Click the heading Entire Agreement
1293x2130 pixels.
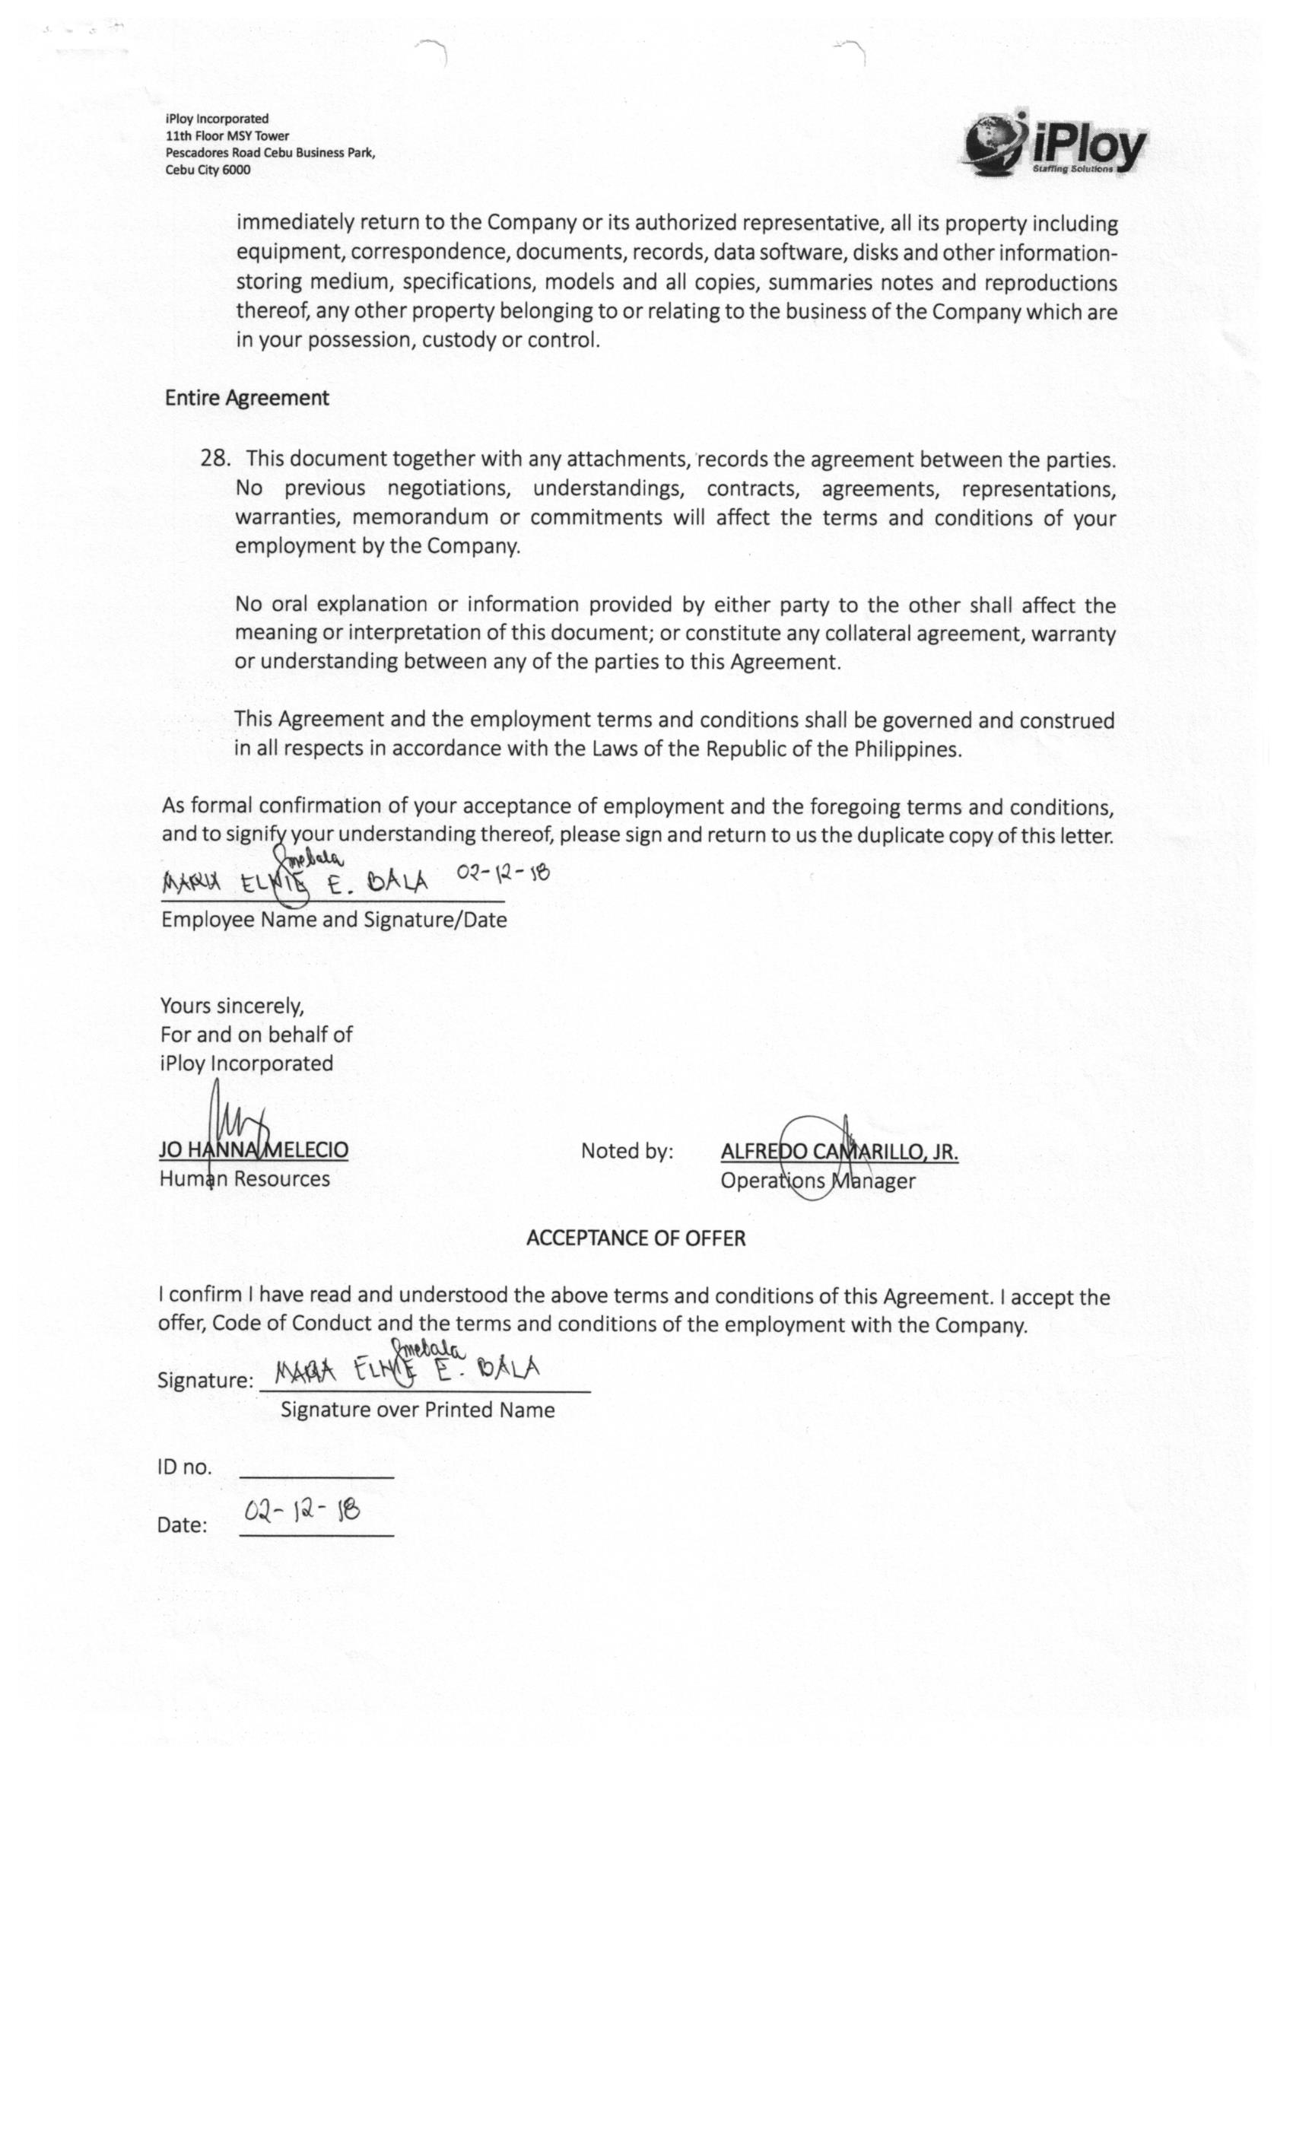[x=246, y=398]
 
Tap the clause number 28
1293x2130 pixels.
[x=214, y=458]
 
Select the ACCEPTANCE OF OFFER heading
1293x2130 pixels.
[x=635, y=1238]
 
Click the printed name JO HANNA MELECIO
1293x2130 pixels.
[x=253, y=1149]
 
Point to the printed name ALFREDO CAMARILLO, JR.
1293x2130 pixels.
[x=838, y=1152]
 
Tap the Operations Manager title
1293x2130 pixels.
[x=817, y=1181]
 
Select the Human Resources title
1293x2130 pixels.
[x=245, y=1179]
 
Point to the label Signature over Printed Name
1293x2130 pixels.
[x=418, y=1410]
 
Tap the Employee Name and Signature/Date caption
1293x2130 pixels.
[x=334, y=920]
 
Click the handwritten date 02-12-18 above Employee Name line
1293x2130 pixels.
[x=503, y=873]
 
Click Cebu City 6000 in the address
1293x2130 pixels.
[x=208, y=170]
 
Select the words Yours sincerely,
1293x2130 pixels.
[x=232, y=1006]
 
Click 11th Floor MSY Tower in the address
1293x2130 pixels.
[x=227, y=135]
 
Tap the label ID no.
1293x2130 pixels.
[x=184, y=1467]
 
